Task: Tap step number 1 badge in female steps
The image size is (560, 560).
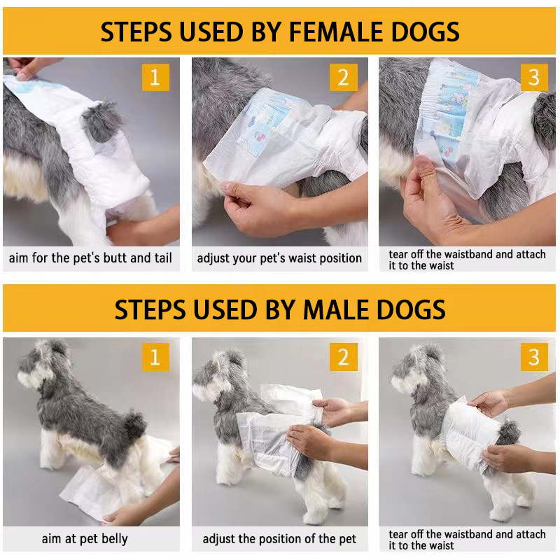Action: [x=155, y=77]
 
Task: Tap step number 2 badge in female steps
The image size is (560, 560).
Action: [x=343, y=77]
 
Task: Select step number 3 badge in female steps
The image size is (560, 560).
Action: [x=534, y=77]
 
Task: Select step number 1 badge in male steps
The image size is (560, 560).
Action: [x=155, y=357]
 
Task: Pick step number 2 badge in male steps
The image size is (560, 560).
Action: [x=343, y=357]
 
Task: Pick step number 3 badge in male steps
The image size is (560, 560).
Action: [x=534, y=357]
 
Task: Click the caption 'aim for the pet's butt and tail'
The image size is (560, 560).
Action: [x=90, y=258]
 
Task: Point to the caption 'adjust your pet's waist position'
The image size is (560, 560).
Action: [x=279, y=258]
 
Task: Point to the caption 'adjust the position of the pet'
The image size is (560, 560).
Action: [x=279, y=539]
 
